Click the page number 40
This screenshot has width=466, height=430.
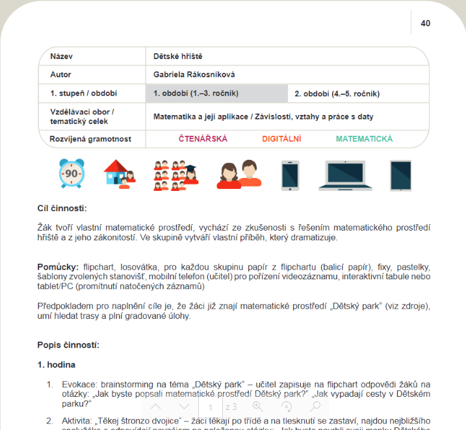pos(426,23)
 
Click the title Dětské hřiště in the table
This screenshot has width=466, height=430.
pos(178,57)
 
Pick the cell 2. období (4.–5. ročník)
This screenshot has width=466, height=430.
pos(337,94)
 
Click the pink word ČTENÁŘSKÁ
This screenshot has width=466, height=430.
pos(203,139)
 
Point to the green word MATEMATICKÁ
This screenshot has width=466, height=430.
pos(364,139)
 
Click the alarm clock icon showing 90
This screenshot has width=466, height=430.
pos(71,174)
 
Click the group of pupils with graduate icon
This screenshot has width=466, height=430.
pos(175,175)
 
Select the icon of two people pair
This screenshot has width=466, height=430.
pos(239,174)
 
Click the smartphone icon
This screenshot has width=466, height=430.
pos(290,175)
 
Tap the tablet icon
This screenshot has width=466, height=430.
pos(400,175)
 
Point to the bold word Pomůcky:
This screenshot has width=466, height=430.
pos(58,267)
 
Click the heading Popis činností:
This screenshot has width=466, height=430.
pos(68,344)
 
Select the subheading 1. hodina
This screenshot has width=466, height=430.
pos(57,364)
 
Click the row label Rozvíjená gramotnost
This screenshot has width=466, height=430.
pos(90,139)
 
